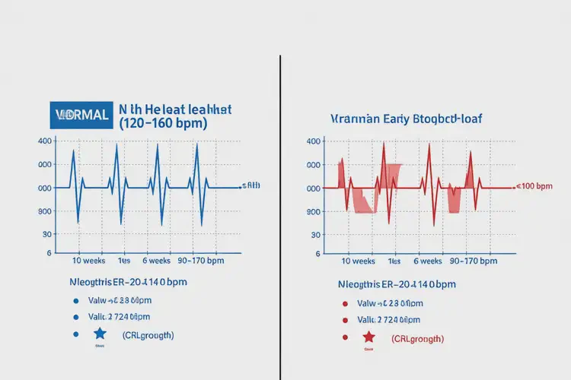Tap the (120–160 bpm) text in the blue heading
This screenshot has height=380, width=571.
pyautogui.click(x=164, y=123)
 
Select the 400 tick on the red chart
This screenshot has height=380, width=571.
pyautogui.click(x=313, y=141)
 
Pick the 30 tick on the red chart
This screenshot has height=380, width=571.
pyautogui.click(x=314, y=236)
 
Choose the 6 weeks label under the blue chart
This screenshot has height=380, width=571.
pyautogui.click(x=159, y=261)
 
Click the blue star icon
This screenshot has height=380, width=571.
pyautogui.click(x=100, y=334)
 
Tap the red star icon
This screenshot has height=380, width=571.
pyautogui.click(x=368, y=337)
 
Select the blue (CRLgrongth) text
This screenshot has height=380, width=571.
pyautogui.click(x=148, y=335)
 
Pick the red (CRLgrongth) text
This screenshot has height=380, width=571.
pyautogui.click(x=418, y=338)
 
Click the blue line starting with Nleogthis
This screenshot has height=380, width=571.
pyautogui.click(x=128, y=282)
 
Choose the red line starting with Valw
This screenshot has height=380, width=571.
pyautogui.click(x=388, y=302)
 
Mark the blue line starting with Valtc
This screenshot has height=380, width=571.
pyautogui.click(x=120, y=317)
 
